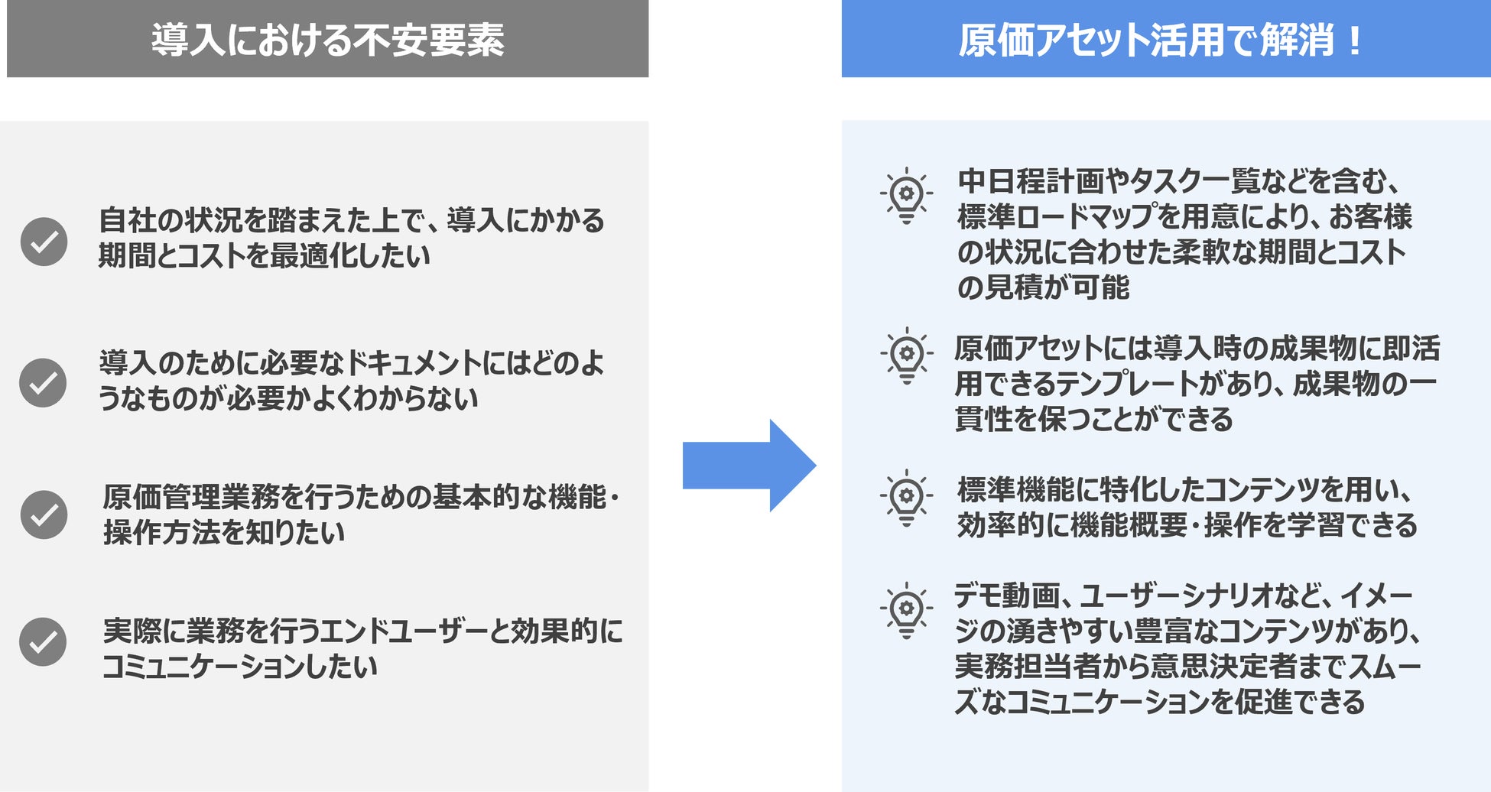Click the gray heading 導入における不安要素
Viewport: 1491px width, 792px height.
pyautogui.click(x=327, y=41)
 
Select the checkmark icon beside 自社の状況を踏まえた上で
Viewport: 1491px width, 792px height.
pyautogui.click(x=44, y=242)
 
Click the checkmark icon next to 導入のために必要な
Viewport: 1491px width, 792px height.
pyautogui.click(x=43, y=382)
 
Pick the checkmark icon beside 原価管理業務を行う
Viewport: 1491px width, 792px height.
pyautogui.click(x=44, y=514)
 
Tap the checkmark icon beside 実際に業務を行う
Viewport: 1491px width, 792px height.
pyautogui.click(x=43, y=642)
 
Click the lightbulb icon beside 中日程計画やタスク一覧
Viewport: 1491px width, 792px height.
pyautogui.click(x=906, y=196)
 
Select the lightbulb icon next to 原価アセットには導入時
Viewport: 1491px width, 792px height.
pyautogui.click(x=906, y=355)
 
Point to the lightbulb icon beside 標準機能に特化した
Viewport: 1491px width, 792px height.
pyautogui.click(x=906, y=498)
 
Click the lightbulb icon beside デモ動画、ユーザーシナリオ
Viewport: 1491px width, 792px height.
pyautogui.click(x=906, y=610)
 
